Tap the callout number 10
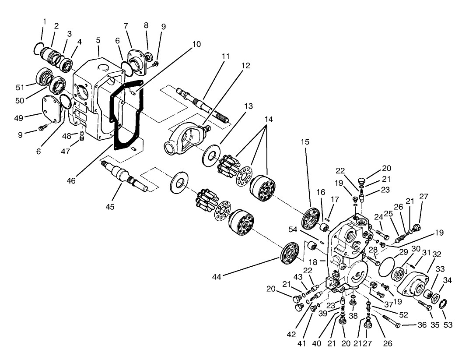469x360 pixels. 196,44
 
